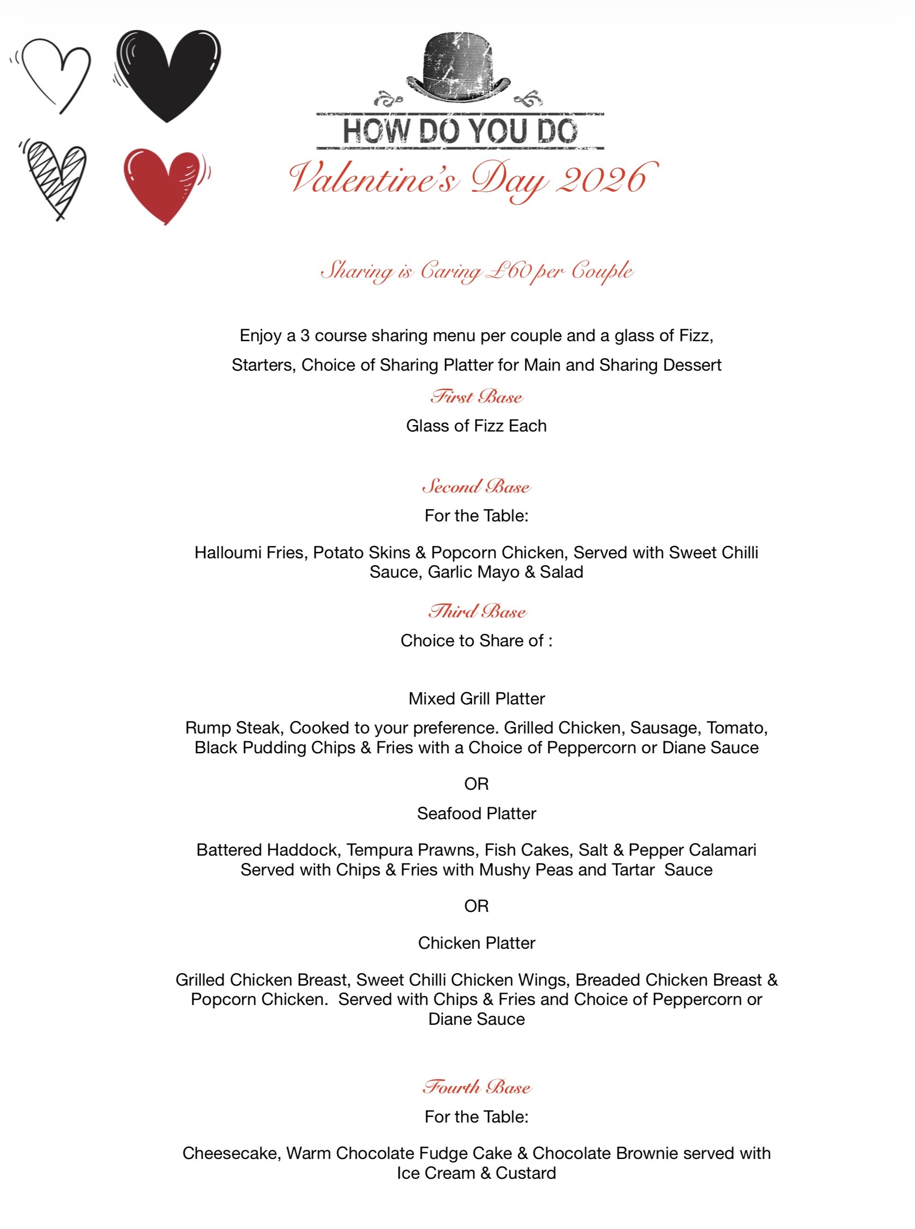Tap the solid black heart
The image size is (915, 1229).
coord(167,72)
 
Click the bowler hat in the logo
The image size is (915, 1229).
coord(458,66)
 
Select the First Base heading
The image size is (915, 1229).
coord(476,397)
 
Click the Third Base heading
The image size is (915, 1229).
coord(476,611)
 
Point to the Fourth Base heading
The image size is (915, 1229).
coord(476,1087)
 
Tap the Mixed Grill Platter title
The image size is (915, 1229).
coord(476,699)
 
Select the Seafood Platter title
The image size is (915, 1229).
coord(476,813)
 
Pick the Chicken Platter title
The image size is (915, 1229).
coord(476,943)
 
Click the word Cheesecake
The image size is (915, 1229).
coord(232,1153)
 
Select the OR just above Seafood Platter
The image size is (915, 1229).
coord(476,784)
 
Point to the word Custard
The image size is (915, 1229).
coord(526,1173)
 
